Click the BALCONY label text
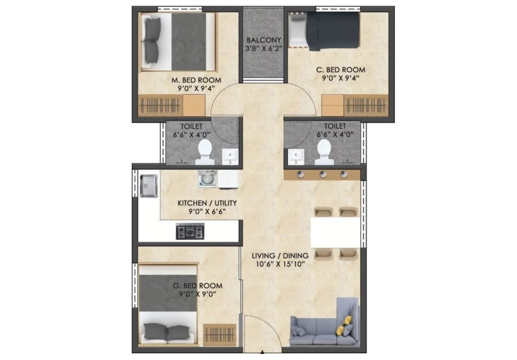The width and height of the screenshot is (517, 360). click(x=264, y=40)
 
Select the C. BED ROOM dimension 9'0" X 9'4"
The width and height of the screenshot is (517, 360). click(x=340, y=79)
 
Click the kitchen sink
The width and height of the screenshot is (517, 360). click(x=148, y=185)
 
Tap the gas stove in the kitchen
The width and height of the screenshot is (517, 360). click(x=190, y=231)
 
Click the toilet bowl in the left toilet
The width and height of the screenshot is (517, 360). click(x=206, y=149)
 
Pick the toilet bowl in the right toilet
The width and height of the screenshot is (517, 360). click(x=324, y=149)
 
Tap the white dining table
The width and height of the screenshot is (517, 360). click(x=334, y=232)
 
